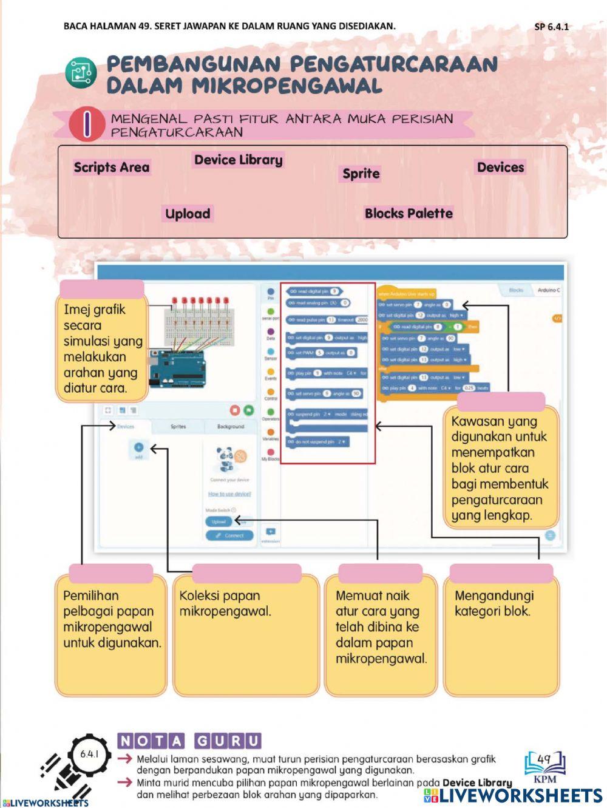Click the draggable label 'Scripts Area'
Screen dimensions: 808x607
coord(111,168)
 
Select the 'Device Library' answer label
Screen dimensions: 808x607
coord(238,160)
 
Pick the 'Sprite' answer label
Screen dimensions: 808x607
coord(361,174)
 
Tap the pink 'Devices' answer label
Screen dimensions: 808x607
coord(500,168)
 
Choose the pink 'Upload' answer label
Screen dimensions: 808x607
coord(188,214)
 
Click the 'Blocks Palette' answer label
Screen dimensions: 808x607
coord(409,214)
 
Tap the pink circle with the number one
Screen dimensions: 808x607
coord(87,124)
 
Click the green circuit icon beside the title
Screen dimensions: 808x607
coord(81,74)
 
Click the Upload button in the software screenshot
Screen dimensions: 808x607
coord(219,521)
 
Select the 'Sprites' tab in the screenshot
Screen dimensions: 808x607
coord(178,427)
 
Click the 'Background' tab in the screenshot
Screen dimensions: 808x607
coord(231,427)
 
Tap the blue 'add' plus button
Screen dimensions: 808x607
coord(138,448)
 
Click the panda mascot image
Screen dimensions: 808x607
coord(225,459)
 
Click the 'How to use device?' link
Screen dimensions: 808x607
coord(229,494)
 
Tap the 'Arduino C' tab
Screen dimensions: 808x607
coord(549,290)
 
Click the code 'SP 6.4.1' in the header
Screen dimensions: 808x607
coord(551,27)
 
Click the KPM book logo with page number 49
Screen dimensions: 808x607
coord(544,766)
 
